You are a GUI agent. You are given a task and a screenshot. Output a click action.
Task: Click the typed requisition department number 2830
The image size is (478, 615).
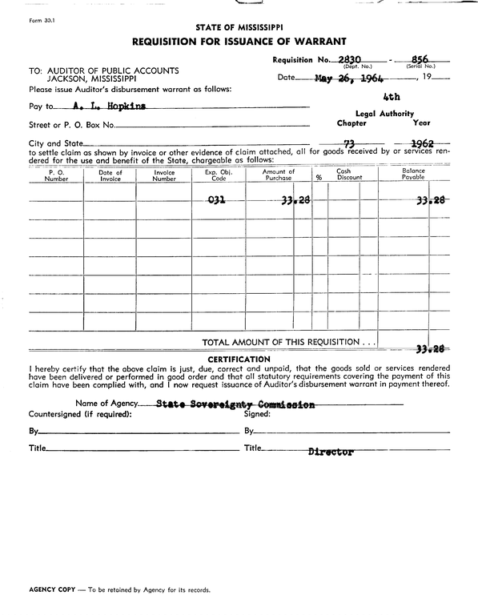[x=351, y=59]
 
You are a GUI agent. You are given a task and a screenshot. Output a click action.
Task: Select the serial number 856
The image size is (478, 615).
[x=419, y=59]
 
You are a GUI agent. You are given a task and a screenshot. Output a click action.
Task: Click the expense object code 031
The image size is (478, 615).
[x=216, y=200]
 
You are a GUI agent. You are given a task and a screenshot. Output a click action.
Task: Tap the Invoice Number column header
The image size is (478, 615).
[x=163, y=175]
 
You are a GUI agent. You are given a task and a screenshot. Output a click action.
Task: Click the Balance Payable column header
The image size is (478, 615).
[x=413, y=175]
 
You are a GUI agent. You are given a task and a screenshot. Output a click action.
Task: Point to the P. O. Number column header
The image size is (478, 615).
[x=56, y=175]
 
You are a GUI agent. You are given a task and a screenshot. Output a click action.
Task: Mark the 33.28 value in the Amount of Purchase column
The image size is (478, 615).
[x=278, y=200]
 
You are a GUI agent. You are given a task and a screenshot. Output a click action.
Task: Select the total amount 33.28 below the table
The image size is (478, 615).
[x=431, y=348]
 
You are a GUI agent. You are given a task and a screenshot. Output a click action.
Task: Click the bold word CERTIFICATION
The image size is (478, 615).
[x=239, y=359]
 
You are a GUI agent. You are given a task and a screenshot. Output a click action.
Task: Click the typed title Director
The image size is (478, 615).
[x=331, y=452]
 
